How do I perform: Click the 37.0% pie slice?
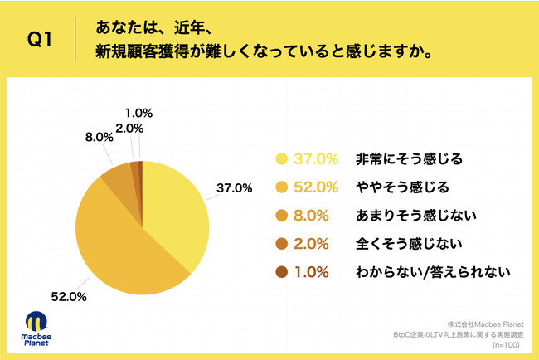[x=175, y=207]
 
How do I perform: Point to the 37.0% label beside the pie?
[x=235, y=187]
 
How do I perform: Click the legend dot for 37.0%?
[x=282, y=158]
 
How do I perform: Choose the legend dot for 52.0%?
[x=282, y=187]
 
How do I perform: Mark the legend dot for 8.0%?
[x=282, y=215]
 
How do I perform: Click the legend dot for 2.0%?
[x=282, y=243]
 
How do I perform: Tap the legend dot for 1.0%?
[x=282, y=271]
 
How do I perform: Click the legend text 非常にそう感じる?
[x=402, y=158]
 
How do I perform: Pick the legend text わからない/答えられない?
[x=425, y=271]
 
